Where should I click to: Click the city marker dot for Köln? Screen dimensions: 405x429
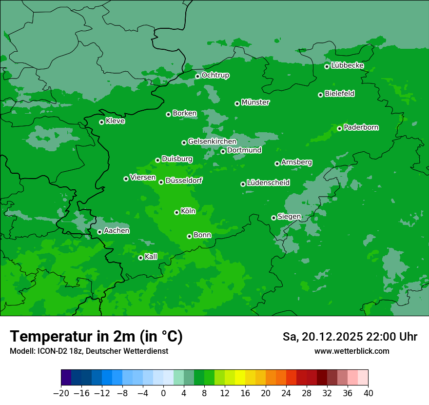point(176,212)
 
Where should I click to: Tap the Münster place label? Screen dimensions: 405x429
point(255,102)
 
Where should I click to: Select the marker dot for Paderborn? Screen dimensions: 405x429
point(339,128)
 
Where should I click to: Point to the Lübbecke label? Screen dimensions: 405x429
point(347,65)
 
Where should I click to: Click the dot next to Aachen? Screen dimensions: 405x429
point(99,232)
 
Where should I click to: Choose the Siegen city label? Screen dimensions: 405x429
point(289,217)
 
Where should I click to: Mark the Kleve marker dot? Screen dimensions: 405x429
point(101,122)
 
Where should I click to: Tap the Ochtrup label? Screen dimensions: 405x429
point(215,75)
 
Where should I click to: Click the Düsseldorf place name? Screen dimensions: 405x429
point(183,181)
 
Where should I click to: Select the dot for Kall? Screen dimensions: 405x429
point(140,258)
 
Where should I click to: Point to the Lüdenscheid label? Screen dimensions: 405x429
point(268,183)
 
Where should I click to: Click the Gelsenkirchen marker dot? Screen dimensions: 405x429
point(184,142)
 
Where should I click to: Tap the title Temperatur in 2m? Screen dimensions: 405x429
point(96,336)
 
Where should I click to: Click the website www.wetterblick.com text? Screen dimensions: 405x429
point(351,351)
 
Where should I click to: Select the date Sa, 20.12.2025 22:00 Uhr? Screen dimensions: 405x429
point(350,337)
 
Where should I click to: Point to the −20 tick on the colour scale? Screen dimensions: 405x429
point(61,393)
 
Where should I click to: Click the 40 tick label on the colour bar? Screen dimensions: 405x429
point(368,393)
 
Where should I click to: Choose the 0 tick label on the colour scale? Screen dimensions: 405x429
point(163,393)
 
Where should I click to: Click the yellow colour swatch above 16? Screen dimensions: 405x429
point(240,378)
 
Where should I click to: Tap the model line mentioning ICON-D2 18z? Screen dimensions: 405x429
point(89,351)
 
